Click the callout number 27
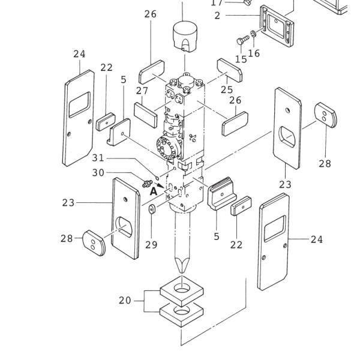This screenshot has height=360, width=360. (x=142, y=91)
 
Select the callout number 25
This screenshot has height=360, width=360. (x=226, y=89)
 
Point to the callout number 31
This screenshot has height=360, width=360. (x=98, y=158)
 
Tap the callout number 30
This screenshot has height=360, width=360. (x=98, y=173)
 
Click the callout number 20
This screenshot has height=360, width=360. (x=125, y=300)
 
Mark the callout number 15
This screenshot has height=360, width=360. (x=241, y=59)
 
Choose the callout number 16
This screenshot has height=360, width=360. (x=254, y=53)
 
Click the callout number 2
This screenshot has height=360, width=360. (x=217, y=16)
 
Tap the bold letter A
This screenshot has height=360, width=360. (x=154, y=191)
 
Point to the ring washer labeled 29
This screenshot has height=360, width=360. (x=151, y=209)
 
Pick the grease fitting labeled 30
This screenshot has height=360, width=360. (x=146, y=182)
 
